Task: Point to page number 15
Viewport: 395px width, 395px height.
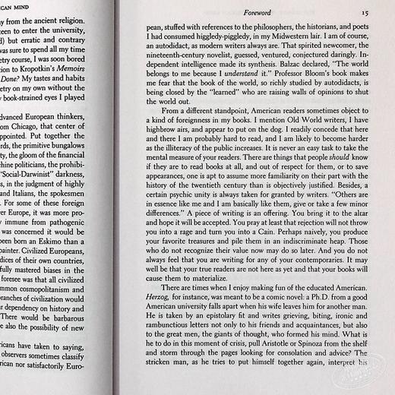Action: tap(365, 12)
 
